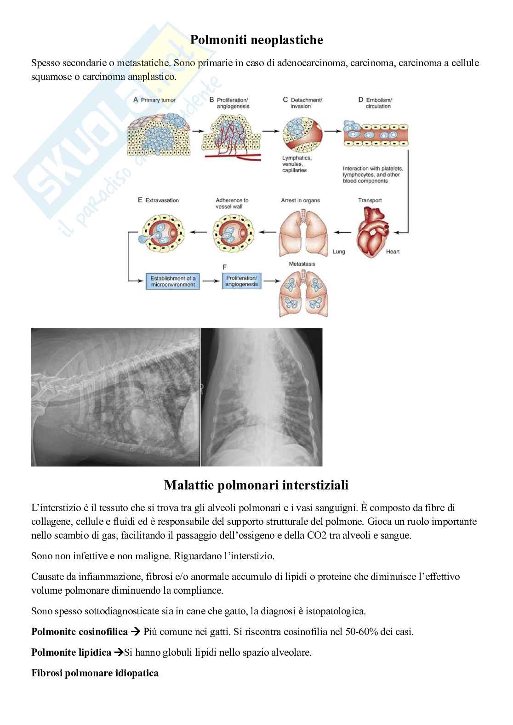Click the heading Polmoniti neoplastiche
coord(256,40)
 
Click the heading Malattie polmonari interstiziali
coord(256,485)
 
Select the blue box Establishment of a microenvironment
coord(173,281)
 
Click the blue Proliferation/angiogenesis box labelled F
coord(241,281)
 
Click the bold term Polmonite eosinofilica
coord(80,631)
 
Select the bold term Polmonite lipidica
coord(71,652)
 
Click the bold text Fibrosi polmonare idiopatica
coord(95,673)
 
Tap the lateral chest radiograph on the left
coord(115,397)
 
